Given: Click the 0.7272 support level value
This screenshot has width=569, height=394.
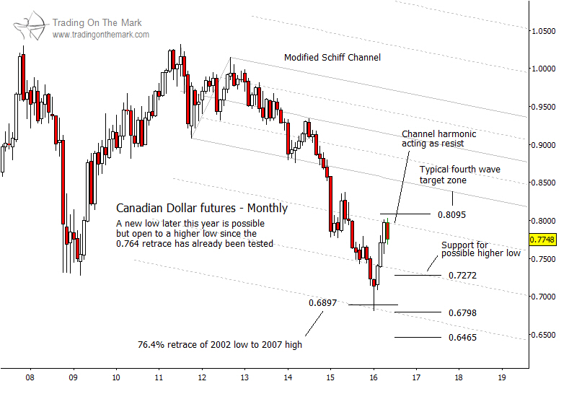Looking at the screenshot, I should (462, 276).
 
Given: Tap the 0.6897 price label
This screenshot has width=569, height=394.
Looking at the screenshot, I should (322, 303).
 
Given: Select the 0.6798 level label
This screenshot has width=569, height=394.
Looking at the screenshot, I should (462, 313).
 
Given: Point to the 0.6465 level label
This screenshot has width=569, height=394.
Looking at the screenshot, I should (462, 337).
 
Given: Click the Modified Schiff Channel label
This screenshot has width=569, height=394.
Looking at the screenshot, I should (332, 58).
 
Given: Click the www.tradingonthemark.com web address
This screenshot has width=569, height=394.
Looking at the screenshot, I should (101, 35).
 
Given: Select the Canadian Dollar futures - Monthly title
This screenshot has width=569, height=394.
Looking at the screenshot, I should (202, 209).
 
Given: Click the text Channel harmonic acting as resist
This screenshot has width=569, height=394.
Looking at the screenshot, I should (438, 139).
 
